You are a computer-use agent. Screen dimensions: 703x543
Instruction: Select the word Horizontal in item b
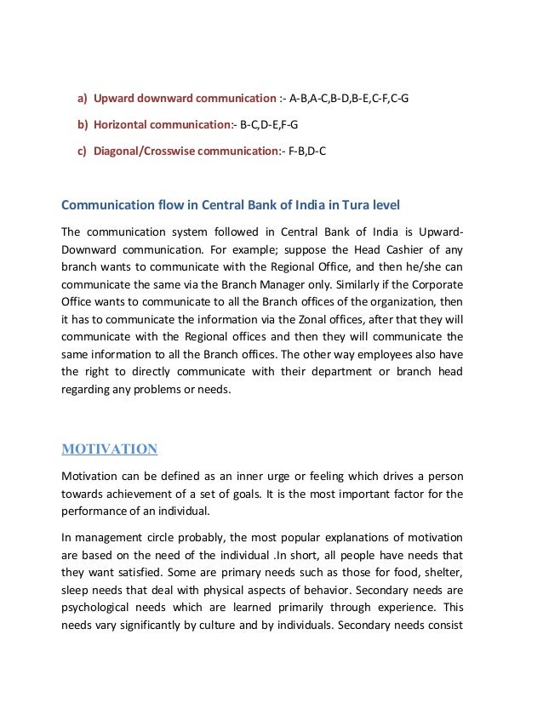point(122,125)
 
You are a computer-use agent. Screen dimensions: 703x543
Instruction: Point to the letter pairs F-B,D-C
point(307,151)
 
